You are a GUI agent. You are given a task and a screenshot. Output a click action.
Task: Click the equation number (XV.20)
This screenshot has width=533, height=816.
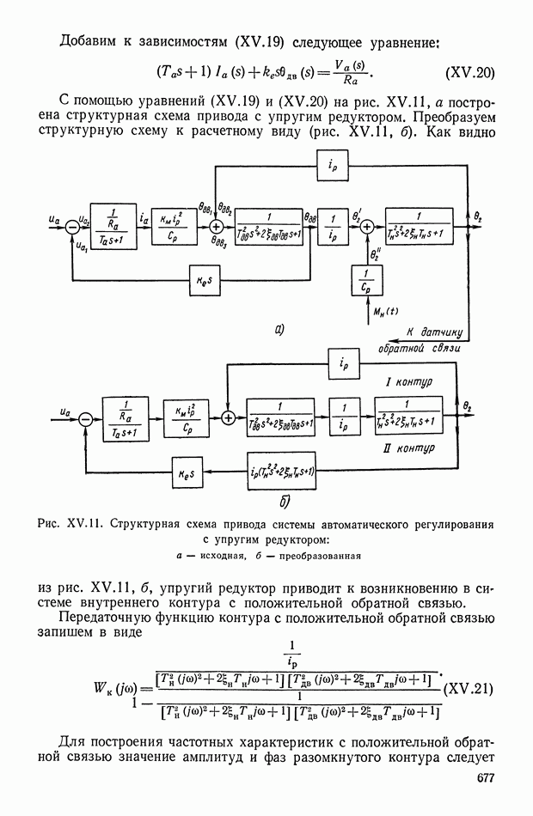click(472, 71)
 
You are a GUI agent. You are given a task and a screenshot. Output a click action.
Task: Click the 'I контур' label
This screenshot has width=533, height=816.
click(410, 381)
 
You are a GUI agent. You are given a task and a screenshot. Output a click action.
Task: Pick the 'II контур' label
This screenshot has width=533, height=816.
click(414, 448)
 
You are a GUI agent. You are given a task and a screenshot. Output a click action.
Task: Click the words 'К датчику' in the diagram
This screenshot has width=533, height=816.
click(434, 332)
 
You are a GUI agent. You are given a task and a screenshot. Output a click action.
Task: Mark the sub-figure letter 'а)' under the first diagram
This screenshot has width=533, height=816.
click(280, 328)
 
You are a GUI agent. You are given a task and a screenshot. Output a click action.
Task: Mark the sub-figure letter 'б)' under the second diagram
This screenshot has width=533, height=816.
click(285, 501)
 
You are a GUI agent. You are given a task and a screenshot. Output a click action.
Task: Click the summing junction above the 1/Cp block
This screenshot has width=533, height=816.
click(367, 227)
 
